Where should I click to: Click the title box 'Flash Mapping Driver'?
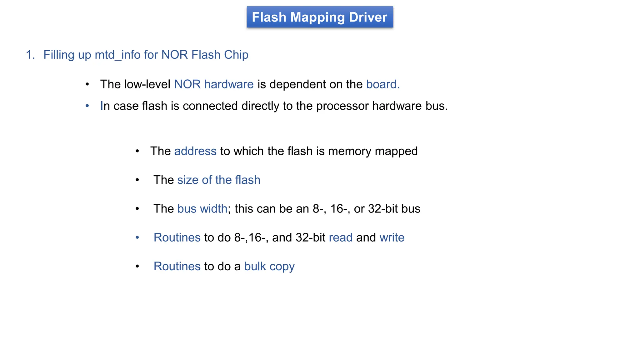(319, 17)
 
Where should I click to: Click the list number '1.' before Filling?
(30, 55)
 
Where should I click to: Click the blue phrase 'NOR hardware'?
(214, 84)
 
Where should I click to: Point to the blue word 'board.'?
(383, 84)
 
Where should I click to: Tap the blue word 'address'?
(195, 151)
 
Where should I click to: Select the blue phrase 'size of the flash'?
(219, 180)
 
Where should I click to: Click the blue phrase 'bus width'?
(202, 209)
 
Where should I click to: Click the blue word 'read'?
(341, 238)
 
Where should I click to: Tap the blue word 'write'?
(392, 238)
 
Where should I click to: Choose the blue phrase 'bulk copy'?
(269, 267)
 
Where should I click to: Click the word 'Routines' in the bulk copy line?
(177, 267)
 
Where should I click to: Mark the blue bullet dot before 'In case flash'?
(87, 106)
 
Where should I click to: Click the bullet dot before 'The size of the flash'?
(137, 180)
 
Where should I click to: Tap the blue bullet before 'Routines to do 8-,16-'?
(137, 238)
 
